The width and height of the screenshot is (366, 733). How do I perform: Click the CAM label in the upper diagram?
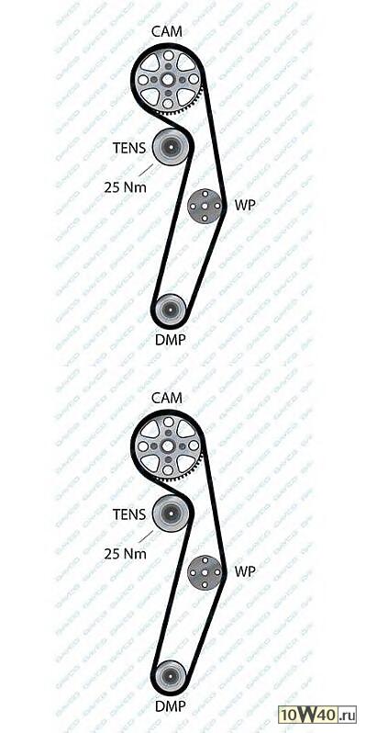pos(167,31)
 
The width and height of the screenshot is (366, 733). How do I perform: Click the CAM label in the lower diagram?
pos(167,398)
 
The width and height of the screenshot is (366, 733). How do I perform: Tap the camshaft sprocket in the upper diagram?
pos(170,81)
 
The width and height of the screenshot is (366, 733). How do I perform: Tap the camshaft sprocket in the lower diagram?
pos(170,447)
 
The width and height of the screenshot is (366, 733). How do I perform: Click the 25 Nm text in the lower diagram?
pos(126,553)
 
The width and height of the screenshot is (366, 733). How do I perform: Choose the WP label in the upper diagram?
pos(244,205)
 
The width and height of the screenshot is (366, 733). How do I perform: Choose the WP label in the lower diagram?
pos(244,570)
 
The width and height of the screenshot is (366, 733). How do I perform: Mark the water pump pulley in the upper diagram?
pos(204,206)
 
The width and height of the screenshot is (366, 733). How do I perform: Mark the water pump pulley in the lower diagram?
pos(204,573)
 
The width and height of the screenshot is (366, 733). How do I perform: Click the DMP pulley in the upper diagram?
pos(170,311)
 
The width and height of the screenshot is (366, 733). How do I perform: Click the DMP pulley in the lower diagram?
pos(170,678)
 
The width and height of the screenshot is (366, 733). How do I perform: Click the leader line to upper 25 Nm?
pos(146,169)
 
